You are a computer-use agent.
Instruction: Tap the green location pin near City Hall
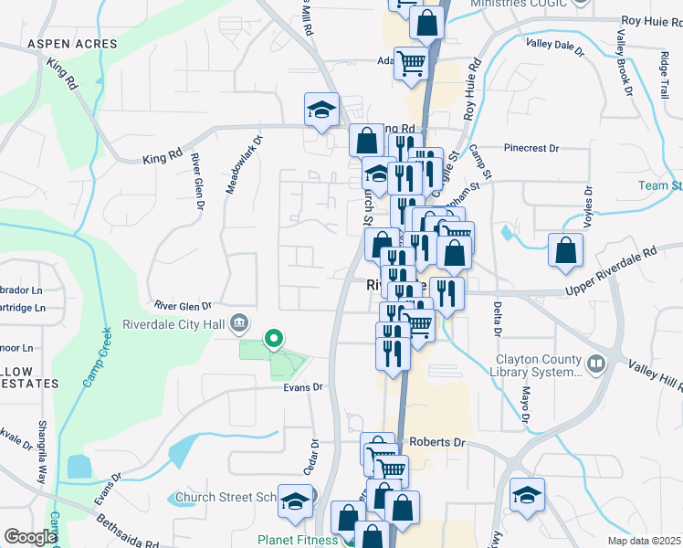coord(273,341)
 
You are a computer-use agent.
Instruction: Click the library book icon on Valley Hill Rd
coord(597,364)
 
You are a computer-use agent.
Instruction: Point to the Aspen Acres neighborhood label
coord(72,44)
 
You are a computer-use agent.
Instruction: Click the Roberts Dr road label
coord(437,442)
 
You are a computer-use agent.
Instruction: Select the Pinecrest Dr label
coord(536,147)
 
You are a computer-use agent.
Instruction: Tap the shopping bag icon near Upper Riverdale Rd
coord(565,248)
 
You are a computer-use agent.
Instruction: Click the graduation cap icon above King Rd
coord(321,111)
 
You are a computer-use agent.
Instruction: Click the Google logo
coord(30,537)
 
